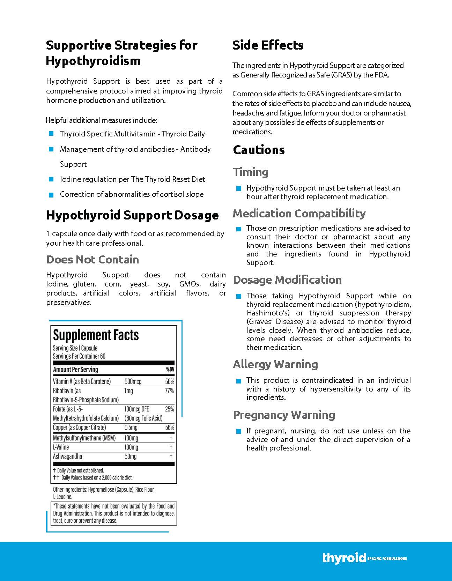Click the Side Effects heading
(268, 45)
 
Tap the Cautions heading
(259, 150)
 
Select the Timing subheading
(251, 172)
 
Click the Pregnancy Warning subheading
(284, 415)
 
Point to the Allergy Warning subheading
(275, 364)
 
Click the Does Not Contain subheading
(92, 260)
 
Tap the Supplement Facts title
(96, 335)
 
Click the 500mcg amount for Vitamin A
(133, 381)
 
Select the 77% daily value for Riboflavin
(169, 391)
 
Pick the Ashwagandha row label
(67, 456)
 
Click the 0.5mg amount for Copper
(131, 427)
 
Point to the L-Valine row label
(61, 447)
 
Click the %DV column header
(170, 370)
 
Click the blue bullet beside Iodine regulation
(51, 179)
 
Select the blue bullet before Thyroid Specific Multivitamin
(51, 134)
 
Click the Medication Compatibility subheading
(299, 214)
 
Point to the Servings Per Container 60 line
(79, 356)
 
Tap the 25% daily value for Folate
(170, 409)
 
